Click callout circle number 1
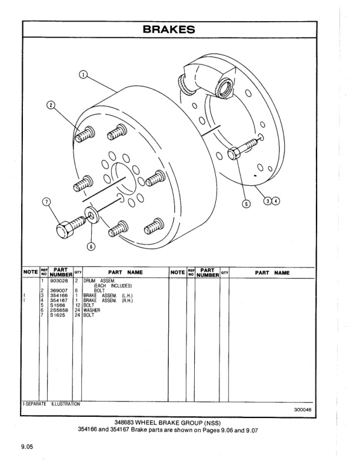click(x=84, y=75)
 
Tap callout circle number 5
click(x=246, y=204)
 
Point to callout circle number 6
click(x=91, y=246)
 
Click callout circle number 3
click(x=268, y=200)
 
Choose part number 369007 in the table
click(x=59, y=290)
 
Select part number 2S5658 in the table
click(x=59, y=310)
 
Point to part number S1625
click(x=58, y=315)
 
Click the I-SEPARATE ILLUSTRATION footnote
click(x=51, y=404)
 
